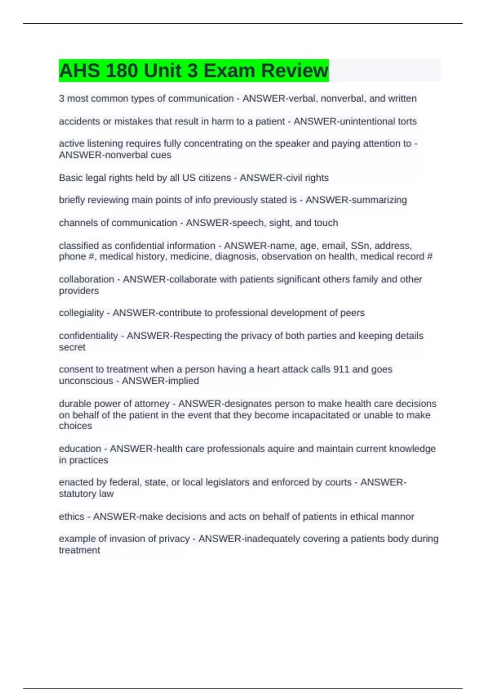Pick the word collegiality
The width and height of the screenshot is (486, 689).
pos(81,313)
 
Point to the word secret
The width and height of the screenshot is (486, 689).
pos(72,347)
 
